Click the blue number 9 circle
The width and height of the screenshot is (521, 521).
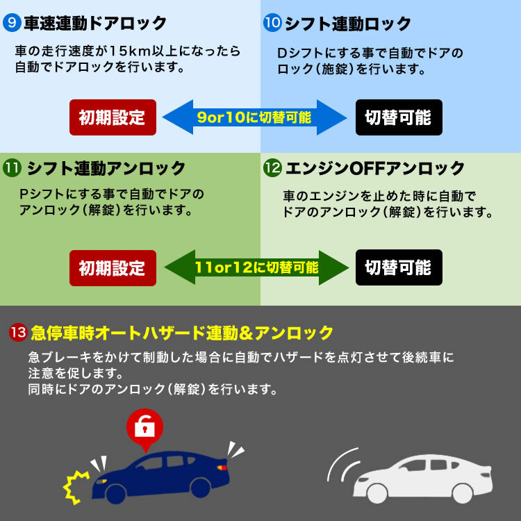12,24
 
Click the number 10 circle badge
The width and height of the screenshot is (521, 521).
272,24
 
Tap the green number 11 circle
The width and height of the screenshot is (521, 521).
12,167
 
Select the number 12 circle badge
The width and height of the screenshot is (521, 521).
272,167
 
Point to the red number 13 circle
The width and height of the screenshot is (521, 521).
19,333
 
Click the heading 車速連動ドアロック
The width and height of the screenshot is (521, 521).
95,24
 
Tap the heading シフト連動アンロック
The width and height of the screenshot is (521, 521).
106,168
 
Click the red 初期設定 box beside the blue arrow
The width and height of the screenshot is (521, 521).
113,117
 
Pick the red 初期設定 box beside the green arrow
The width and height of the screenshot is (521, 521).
113,267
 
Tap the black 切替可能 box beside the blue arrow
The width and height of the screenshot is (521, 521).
398,117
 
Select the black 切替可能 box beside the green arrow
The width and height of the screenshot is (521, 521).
398,267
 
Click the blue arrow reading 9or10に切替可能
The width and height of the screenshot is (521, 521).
254,117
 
